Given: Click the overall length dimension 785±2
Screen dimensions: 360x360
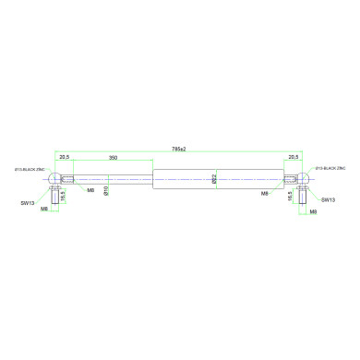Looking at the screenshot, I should point(179,149).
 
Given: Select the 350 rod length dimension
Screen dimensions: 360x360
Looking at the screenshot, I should point(113,158).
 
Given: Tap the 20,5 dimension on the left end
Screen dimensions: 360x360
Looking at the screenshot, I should point(66,158).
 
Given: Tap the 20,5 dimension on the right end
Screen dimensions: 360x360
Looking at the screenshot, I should point(293,158).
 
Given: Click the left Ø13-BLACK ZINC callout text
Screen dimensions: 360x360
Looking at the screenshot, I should point(30,170).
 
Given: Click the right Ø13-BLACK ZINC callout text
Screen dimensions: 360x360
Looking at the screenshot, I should point(330,170).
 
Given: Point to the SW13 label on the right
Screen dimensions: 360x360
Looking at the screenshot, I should point(329,198).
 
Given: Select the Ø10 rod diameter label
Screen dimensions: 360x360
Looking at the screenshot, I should point(107,189).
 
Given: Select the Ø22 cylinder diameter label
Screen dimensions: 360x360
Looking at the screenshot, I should point(214,178).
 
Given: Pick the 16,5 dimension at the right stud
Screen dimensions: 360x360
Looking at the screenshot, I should point(293,196).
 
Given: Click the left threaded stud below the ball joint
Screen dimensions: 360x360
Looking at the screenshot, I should point(54,197).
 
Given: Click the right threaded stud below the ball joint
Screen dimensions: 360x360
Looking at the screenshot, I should point(304,197).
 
